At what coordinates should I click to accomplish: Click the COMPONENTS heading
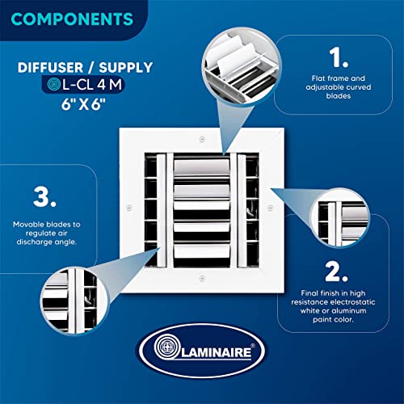pos(72,19)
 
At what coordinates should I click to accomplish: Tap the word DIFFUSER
pos(50,68)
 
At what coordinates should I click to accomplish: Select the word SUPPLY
pos(126,68)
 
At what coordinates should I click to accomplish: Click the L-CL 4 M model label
pos(92,85)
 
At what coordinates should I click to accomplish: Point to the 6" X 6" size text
pos(83,104)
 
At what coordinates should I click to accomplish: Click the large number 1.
pos(339,57)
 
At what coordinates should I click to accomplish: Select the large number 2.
pos(336,271)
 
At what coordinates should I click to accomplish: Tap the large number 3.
pos(44,197)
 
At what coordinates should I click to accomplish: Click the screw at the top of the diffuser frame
pos(202,139)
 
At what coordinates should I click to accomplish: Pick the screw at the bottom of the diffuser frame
pos(202,278)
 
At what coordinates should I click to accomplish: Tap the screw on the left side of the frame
pos(129,208)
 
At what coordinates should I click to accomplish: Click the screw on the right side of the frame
pos(271,208)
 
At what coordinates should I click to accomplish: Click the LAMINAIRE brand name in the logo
pos(217,353)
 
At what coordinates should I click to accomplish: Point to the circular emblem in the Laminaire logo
pos(167,347)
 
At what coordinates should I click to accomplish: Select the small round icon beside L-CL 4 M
pos(54,84)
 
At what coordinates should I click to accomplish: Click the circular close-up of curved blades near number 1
pos(242,66)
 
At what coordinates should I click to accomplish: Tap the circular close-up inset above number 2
pos(340,217)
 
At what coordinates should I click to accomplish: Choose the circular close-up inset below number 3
pos(74,301)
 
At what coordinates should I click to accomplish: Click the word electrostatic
pos(352,302)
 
